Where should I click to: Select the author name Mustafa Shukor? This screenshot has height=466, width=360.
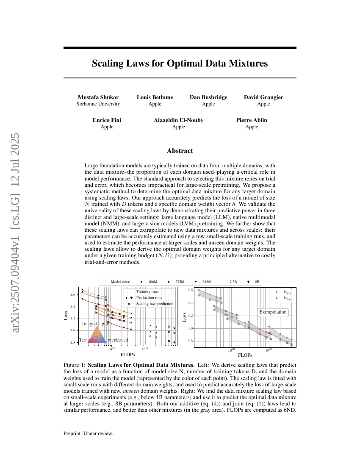click(98, 97)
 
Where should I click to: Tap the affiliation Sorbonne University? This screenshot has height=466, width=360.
click(98, 104)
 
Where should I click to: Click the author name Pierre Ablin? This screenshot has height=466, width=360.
click(252, 120)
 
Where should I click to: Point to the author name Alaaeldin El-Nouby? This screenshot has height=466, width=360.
click(178, 120)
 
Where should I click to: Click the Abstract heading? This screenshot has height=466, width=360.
click(180, 151)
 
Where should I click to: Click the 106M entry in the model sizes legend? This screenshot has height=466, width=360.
click(152, 282)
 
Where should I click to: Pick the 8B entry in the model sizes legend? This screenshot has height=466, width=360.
click(257, 282)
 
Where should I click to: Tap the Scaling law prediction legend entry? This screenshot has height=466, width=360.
click(155, 304)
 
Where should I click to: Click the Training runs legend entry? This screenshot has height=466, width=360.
click(147, 292)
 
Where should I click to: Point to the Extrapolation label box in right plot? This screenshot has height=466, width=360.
click(273, 312)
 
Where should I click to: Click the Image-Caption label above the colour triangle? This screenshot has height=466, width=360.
click(97, 324)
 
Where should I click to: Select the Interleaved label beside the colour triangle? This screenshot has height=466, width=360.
click(117, 340)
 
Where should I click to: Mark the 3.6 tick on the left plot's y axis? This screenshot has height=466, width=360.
click(73, 294)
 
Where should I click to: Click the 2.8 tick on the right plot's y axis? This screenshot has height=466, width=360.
click(191, 341)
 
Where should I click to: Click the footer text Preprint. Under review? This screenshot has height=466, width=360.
click(88, 433)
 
